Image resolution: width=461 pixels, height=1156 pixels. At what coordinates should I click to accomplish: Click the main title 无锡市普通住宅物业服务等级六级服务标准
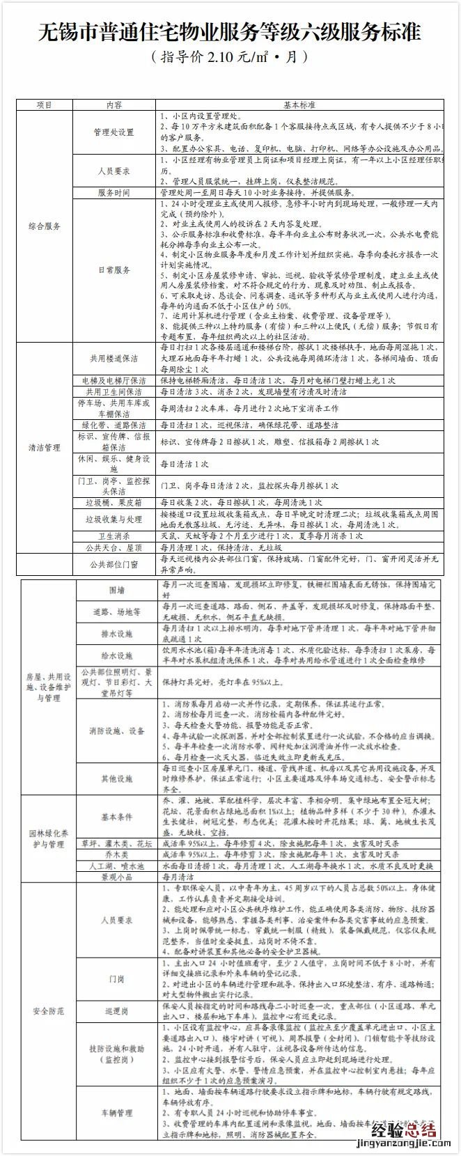click(230, 32)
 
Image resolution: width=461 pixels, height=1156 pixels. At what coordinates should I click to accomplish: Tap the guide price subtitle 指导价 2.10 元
click(230, 57)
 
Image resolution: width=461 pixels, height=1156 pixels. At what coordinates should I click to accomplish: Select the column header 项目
click(44, 105)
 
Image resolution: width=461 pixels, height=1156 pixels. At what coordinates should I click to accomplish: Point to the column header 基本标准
click(299, 105)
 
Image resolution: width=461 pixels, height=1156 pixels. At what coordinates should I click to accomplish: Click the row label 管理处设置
click(114, 132)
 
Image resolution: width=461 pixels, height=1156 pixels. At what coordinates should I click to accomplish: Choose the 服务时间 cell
click(114, 192)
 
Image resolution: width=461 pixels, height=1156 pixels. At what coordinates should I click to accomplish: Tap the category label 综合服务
click(44, 226)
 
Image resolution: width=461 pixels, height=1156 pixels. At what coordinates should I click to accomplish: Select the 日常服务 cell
click(114, 270)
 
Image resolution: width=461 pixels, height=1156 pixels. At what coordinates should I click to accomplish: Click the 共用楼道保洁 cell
click(114, 359)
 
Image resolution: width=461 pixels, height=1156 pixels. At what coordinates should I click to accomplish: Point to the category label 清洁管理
click(44, 448)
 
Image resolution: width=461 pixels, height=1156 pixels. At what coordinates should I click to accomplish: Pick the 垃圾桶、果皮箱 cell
click(114, 502)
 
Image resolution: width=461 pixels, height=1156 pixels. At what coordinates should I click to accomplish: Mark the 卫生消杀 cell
click(114, 536)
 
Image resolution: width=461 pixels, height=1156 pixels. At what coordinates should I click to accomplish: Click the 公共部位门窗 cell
click(114, 564)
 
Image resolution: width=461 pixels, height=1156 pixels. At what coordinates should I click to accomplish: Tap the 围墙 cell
click(116, 590)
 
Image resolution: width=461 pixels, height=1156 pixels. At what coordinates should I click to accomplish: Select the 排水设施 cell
click(116, 634)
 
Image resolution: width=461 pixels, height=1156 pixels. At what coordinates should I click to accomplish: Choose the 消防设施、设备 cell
click(116, 731)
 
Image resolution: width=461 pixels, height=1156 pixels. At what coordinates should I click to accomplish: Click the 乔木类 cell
click(116, 854)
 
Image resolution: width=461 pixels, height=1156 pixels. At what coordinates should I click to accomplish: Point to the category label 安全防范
click(47, 1010)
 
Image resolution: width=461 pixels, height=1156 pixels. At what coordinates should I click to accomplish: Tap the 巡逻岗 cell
click(116, 1010)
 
